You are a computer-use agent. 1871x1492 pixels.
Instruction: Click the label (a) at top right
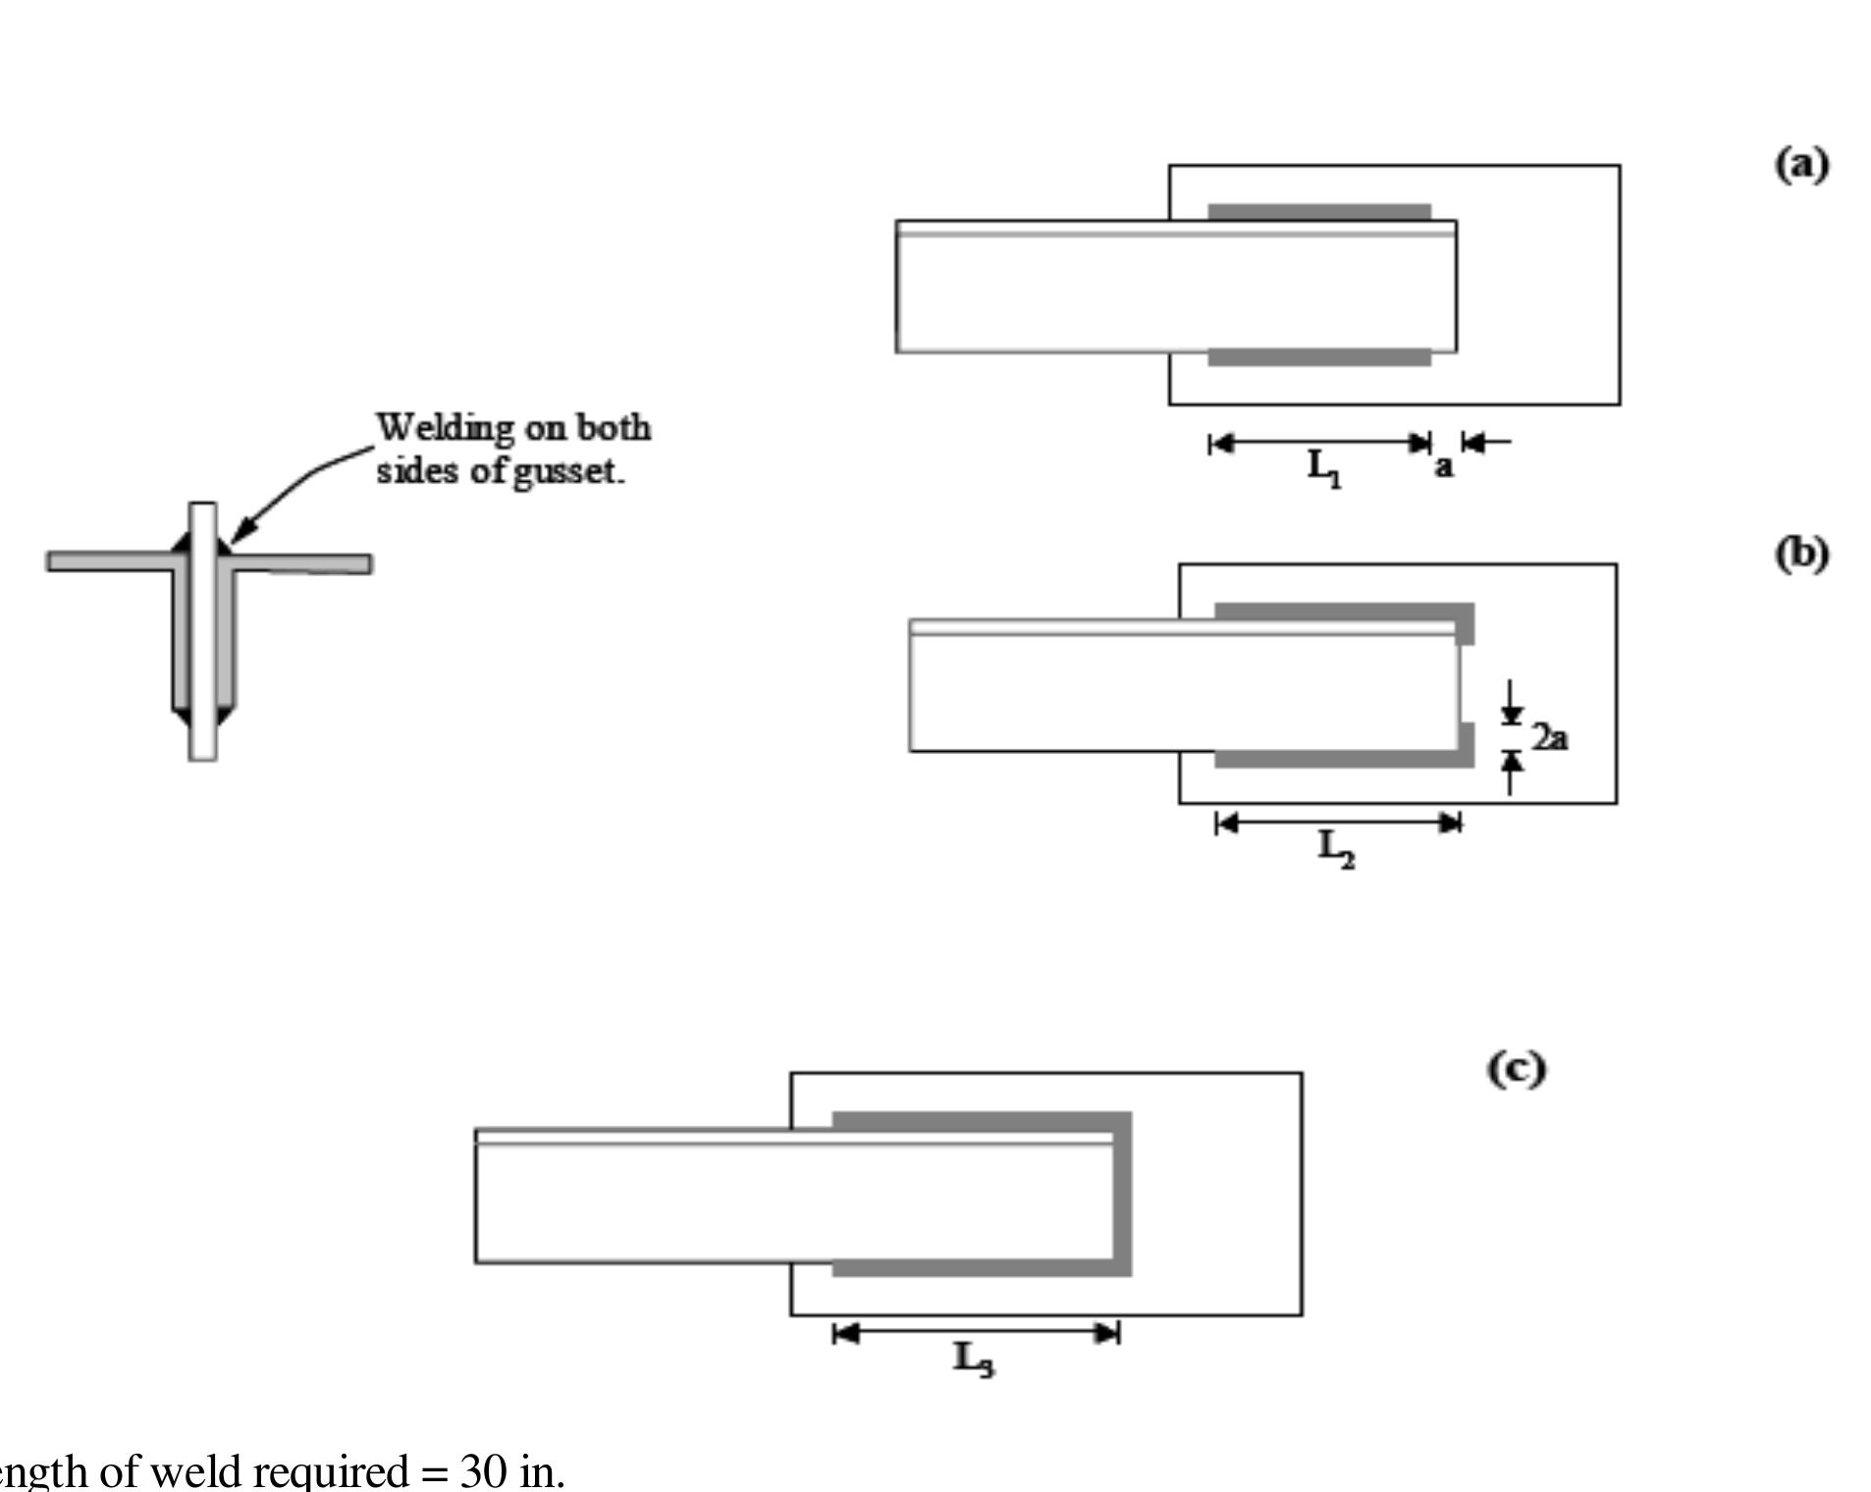(x=1801, y=164)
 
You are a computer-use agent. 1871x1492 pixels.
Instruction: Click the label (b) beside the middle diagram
(x=1801, y=555)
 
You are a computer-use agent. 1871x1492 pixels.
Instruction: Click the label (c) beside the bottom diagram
(x=1516, y=1069)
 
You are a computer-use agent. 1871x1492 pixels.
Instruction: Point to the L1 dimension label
(x=1324, y=468)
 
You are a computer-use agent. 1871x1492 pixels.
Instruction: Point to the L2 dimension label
(x=1336, y=849)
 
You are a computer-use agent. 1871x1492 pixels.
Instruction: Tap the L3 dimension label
(x=974, y=1360)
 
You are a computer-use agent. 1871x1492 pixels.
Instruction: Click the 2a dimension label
(x=1550, y=736)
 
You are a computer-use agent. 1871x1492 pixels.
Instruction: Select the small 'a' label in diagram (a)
(x=1443, y=466)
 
